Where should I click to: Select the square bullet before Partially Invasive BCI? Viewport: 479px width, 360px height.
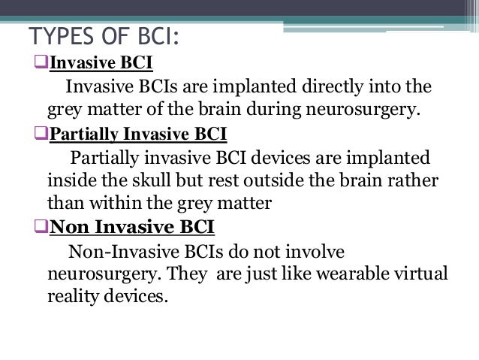[x=42, y=135]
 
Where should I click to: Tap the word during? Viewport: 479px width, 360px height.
[x=273, y=112]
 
